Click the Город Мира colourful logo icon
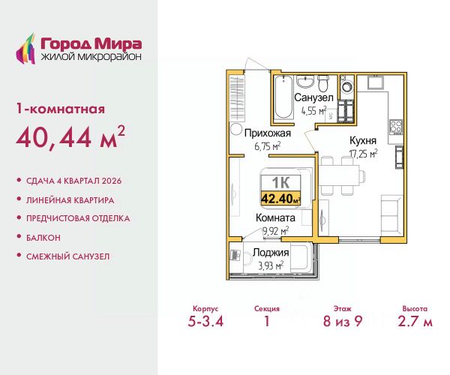coord(25,49)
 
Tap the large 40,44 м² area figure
coord(70,136)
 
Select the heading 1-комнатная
coord(61,109)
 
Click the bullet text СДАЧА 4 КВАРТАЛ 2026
coord(73,181)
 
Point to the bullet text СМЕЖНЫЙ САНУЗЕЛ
coord(68,256)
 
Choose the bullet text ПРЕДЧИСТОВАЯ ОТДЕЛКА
coord(78,218)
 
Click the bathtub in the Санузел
coord(283,97)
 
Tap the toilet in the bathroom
coord(323,82)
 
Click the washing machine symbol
coord(346,86)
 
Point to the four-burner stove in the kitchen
coord(396,127)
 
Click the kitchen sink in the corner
coord(374,82)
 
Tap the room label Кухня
coord(363,140)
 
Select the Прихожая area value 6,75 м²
coord(268,146)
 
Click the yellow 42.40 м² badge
coord(280,198)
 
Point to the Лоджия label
coord(271,253)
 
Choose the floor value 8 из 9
coord(343,321)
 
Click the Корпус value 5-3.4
coord(205,321)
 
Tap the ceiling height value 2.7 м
coord(415,321)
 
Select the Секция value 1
coord(267,321)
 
